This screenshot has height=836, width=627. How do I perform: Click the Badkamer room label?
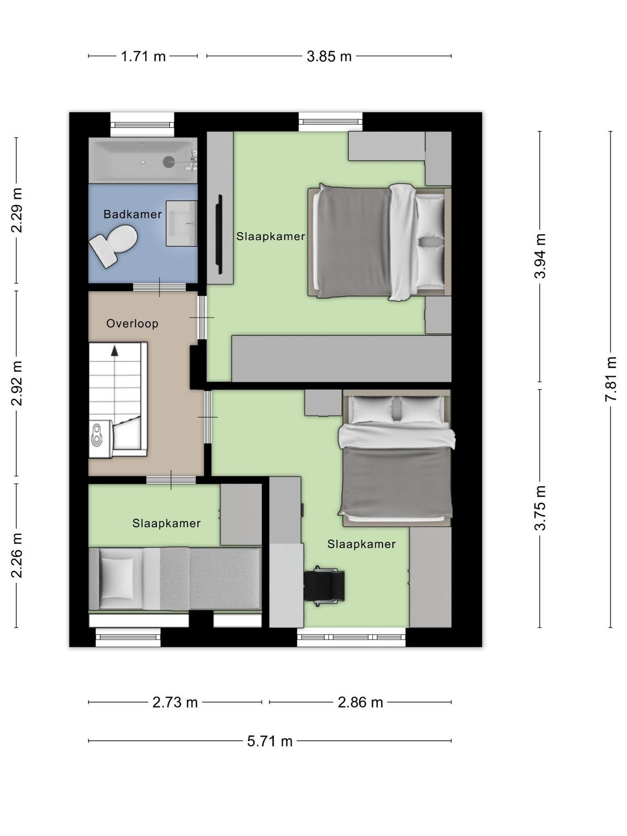133,214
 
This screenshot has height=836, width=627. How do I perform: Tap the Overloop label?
132,323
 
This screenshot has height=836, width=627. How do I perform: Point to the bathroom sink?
182,224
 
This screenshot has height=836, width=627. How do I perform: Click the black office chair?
324,586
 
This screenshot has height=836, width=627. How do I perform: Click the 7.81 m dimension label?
610,379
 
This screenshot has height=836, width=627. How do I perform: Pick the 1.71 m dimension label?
143,56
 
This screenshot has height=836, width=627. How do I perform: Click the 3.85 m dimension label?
329,56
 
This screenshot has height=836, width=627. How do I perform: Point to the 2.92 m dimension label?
16,383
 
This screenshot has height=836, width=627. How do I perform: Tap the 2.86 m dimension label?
360,703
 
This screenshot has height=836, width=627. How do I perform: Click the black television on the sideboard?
219,234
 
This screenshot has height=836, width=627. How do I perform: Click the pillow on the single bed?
117,578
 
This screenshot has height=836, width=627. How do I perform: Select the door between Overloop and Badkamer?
159,287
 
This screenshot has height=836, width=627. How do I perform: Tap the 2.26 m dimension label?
16,555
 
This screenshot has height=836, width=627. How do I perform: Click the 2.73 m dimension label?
175,703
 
